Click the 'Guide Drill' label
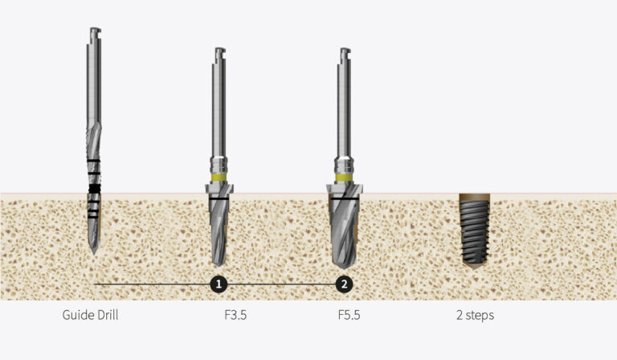click(90, 315)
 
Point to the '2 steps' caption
click(474, 315)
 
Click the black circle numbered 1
click(219, 284)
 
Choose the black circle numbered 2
click(344, 284)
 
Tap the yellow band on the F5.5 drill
click(344, 177)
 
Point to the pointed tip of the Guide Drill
click(93, 252)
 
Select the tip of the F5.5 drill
click(344, 268)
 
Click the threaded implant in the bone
click(474, 233)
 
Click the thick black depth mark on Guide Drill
click(94, 188)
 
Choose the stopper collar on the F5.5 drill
click(344, 191)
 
